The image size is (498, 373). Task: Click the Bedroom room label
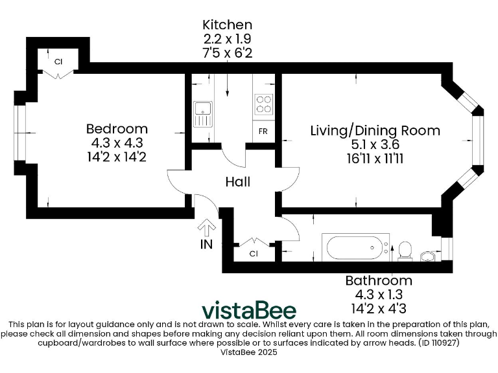click(x=117, y=128)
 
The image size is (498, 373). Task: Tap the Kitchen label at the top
click(x=226, y=25)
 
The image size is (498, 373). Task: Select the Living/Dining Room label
click(x=375, y=130)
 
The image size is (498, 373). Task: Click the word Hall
click(x=238, y=182)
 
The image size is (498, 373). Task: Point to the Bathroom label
click(x=378, y=280)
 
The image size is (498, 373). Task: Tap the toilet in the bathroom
click(x=405, y=250)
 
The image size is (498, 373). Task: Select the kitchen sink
click(x=202, y=113)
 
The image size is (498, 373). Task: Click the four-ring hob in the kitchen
click(x=263, y=104)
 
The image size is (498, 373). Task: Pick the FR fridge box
click(x=263, y=131)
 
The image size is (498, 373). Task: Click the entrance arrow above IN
click(x=207, y=228)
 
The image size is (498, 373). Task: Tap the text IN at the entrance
click(x=207, y=245)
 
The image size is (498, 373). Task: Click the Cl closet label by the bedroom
click(x=58, y=62)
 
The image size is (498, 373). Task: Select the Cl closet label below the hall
click(x=254, y=254)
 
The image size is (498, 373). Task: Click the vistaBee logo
click(x=249, y=310)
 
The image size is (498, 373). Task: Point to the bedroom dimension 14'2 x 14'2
click(x=117, y=156)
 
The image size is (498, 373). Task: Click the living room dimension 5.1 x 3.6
click(x=375, y=144)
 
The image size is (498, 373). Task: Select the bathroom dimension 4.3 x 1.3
click(x=378, y=294)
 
